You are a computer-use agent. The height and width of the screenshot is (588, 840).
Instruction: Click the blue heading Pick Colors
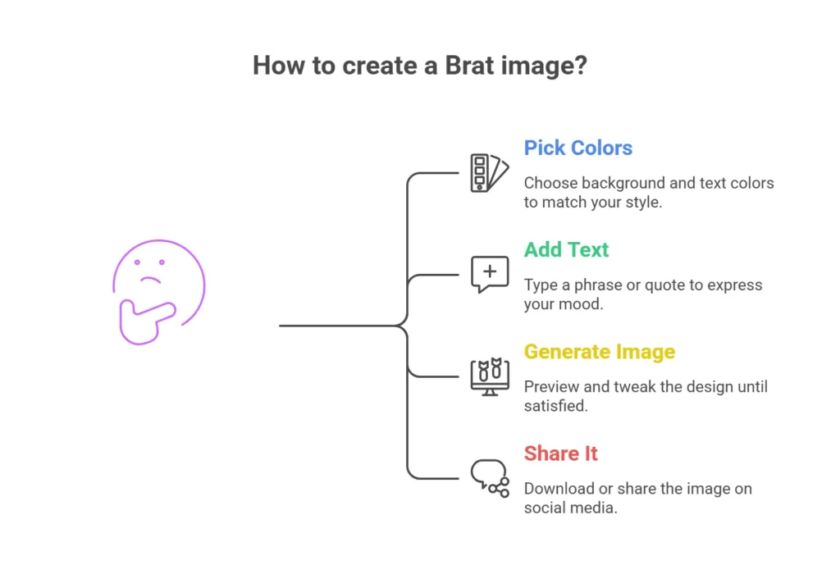coord(577,148)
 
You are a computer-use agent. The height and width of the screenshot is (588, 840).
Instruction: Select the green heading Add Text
coord(566,250)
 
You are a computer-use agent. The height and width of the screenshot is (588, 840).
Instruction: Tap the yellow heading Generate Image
coord(599,352)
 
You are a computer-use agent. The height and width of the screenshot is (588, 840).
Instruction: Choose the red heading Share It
coord(560,454)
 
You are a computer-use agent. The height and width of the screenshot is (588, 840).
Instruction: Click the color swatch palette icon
coord(488,172)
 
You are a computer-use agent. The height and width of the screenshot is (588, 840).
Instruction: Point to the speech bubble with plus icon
coord(489,274)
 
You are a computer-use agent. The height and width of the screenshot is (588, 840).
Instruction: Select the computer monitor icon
coord(489,376)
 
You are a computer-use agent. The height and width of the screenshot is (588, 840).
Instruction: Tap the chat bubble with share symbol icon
coord(489,477)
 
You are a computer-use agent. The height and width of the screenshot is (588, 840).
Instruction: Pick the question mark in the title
coord(581,66)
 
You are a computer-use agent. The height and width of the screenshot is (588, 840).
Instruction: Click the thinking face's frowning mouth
coord(149,280)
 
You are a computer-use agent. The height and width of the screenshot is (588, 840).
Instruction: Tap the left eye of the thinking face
coord(138,262)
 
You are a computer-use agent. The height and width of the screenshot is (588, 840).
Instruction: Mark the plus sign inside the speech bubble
coord(490,271)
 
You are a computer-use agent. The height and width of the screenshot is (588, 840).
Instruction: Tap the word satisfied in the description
coord(555,406)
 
